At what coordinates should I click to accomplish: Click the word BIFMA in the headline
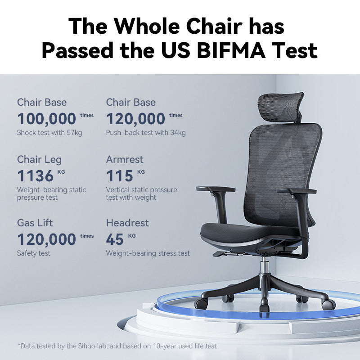[x=231, y=50]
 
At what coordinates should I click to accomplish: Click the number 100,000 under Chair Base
[x=47, y=119]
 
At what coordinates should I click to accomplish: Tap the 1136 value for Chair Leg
[x=36, y=176]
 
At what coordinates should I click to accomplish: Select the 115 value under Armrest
[x=120, y=176]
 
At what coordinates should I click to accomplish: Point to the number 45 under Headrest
[x=115, y=239]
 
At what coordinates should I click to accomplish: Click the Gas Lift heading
[x=35, y=223]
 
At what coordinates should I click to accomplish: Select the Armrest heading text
[x=125, y=160]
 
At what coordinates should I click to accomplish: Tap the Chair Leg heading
[x=39, y=160]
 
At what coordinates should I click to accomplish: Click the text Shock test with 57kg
[x=49, y=133]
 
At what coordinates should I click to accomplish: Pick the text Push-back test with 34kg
[x=146, y=133]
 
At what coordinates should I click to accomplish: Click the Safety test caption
[x=33, y=253]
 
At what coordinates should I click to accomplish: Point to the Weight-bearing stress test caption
[x=148, y=253]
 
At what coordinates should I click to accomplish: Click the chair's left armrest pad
[x=216, y=189]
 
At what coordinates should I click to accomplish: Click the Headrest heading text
[x=127, y=223]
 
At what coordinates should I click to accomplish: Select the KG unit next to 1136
[x=61, y=172]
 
